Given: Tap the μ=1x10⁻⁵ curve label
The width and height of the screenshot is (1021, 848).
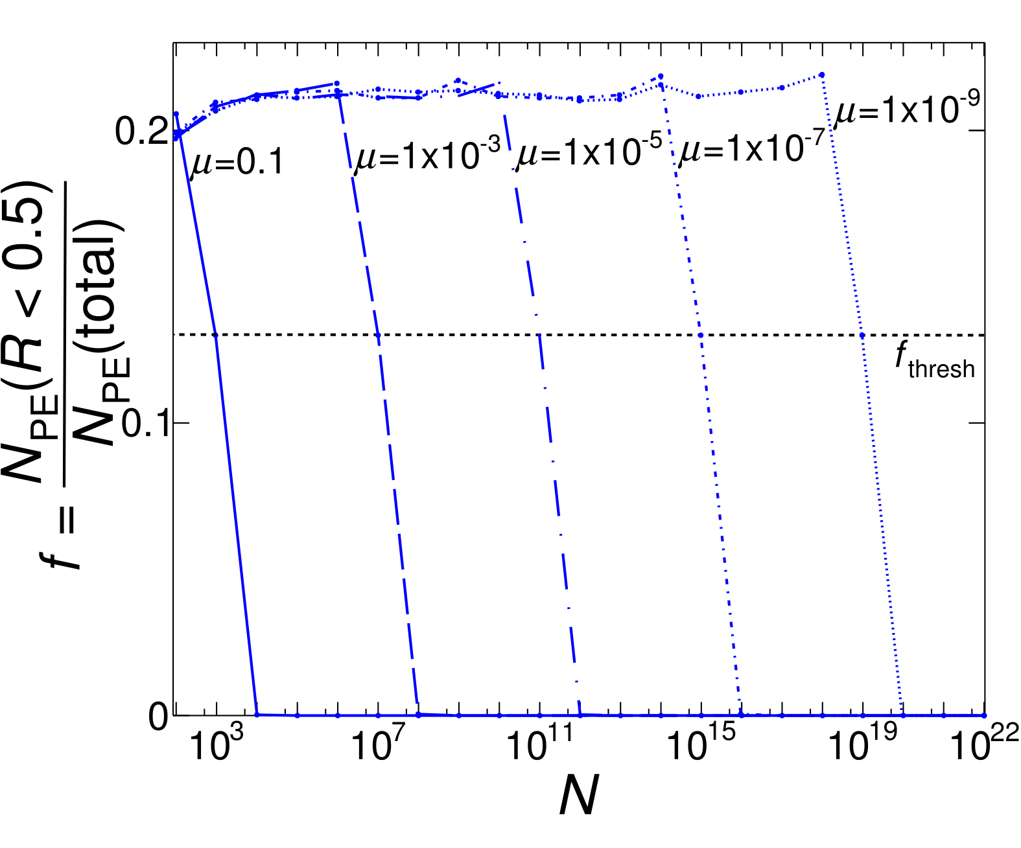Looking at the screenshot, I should (589, 153).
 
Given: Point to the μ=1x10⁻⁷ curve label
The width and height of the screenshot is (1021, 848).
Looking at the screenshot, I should (751, 150).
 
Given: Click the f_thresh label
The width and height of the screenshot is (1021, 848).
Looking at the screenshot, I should (935, 363).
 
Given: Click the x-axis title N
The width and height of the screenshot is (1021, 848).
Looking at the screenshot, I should (578, 796).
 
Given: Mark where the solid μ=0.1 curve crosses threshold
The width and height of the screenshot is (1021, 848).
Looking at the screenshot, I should (216, 335).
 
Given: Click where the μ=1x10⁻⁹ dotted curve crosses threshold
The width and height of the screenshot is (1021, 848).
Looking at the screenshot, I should (862, 335).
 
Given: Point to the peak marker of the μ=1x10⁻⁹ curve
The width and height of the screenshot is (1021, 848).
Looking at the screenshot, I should (822, 74).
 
